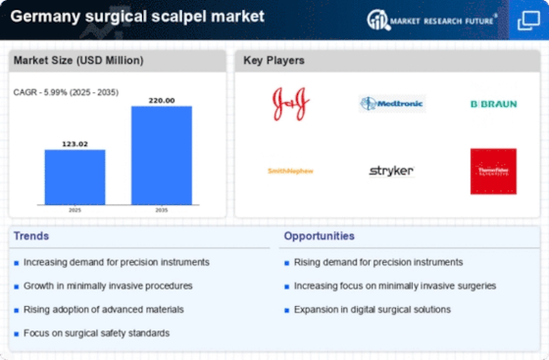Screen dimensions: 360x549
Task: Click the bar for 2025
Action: tap(74, 177)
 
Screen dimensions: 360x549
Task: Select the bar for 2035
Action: tap(162, 155)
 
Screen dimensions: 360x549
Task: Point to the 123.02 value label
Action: tap(74, 143)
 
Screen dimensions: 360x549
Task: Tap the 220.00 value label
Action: tap(162, 100)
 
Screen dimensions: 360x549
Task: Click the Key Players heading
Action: tap(274, 61)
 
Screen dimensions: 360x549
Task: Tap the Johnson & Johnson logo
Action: tap(291, 103)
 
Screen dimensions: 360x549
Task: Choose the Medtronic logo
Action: tap(391, 103)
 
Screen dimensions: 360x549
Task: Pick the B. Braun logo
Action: tap(492, 103)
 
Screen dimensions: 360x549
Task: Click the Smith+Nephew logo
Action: tap(290, 171)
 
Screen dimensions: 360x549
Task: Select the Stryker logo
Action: tap(391, 171)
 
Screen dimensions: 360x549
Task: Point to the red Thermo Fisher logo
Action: tap(492, 171)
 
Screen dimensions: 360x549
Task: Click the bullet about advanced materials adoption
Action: tap(95, 309)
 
